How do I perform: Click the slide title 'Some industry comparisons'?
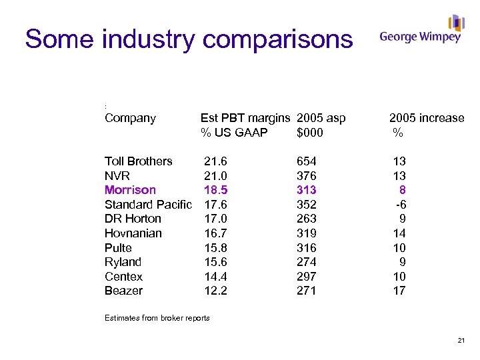[x=189, y=39]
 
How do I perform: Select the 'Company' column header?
[x=130, y=118]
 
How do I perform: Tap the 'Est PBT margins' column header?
[x=245, y=118]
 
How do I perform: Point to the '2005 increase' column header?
[x=427, y=118]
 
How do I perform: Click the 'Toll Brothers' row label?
[x=138, y=161]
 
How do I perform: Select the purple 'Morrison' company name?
[x=130, y=190]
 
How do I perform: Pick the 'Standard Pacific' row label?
[x=148, y=205]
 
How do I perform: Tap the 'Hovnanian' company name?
[x=133, y=233]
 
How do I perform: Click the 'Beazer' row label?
[x=123, y=291]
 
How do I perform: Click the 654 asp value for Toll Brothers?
[x=307, y=161]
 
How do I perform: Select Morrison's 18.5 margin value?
[x=215, y=190]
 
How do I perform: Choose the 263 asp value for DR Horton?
[x=307, y=219]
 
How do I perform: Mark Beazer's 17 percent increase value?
[x=399, y=291]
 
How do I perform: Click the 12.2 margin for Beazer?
[x=215, y=291]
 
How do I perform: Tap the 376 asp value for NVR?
[x=307, y=176]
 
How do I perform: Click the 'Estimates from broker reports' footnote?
[x=157, y=318]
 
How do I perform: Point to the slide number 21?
[x=461, y=341]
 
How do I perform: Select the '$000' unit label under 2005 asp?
[x=310, y=133]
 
